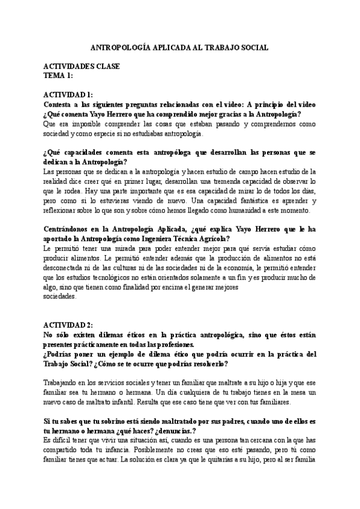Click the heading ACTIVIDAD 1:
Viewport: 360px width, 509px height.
[x=68, y=95]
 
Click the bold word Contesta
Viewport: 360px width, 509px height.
[x=60, y=104]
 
